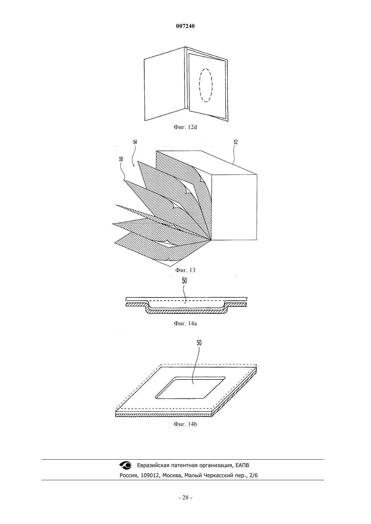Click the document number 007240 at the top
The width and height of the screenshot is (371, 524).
[x=185, y=26]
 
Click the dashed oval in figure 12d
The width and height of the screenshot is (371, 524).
[x=200, y=85]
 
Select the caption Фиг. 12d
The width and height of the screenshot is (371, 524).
[x=185, y=127]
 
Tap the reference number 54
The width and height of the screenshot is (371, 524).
[x=135, y=142]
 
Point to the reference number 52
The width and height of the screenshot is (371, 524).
[x=236, y=142]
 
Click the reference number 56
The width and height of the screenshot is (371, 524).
[x=121, y=159]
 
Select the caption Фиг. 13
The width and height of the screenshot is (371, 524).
[x=185, y=270]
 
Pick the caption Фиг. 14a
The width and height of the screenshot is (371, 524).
[x=185, y=324]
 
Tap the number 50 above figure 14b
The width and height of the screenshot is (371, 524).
[x=199, y=343]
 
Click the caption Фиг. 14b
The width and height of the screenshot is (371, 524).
[x=185, y=424]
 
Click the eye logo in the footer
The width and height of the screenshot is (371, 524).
[x=125, y=465]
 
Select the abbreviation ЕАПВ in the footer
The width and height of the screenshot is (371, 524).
[x=242, y=465]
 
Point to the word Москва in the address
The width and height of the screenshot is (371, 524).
[x=172, y=476]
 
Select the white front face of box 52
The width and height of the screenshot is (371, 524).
[x=234, y=207]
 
